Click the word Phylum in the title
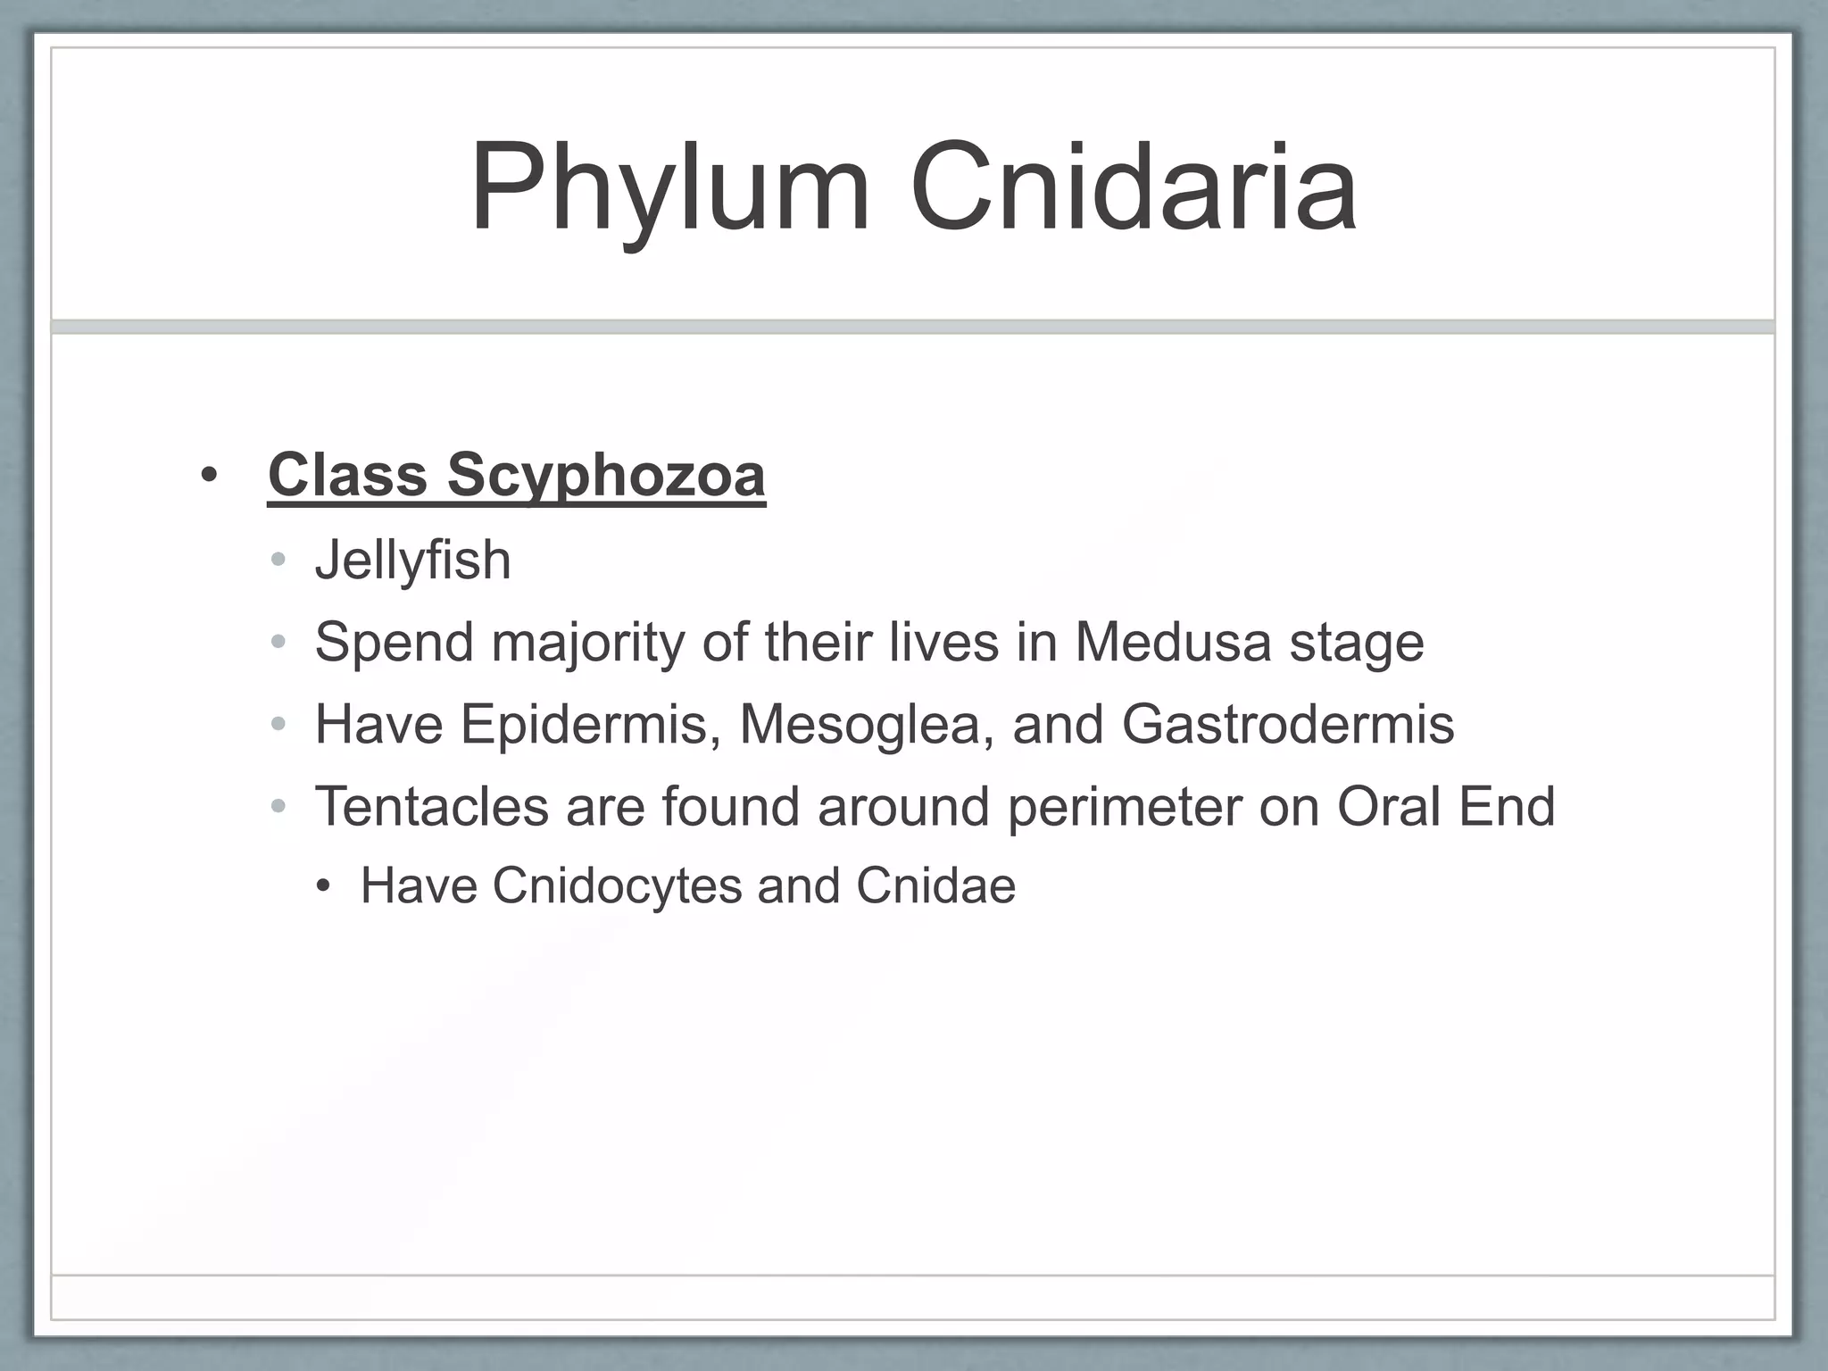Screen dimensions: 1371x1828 [669, 189]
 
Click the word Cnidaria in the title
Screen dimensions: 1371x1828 [1134, 189]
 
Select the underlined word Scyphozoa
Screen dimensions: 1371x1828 [606, 475]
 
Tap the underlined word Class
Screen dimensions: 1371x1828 [347, 475]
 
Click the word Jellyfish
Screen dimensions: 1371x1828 [412, 561]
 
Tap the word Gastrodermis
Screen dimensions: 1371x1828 [1287, 725]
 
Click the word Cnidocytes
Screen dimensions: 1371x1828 [617, 886]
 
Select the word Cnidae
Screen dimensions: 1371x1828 [935, 886]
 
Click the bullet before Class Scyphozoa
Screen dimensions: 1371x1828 [209, 476]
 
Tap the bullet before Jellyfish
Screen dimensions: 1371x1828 [278, 561]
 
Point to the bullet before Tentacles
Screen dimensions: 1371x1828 [278, 807]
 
